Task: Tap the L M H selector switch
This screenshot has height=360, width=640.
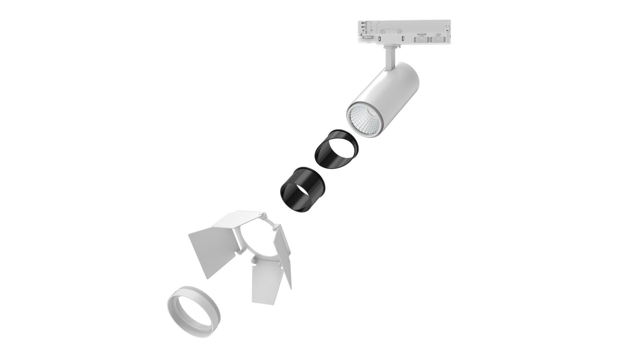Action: click(438, 40)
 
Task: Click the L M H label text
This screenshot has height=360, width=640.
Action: click(438, 34)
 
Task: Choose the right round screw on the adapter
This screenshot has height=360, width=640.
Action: click(400, 32)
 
